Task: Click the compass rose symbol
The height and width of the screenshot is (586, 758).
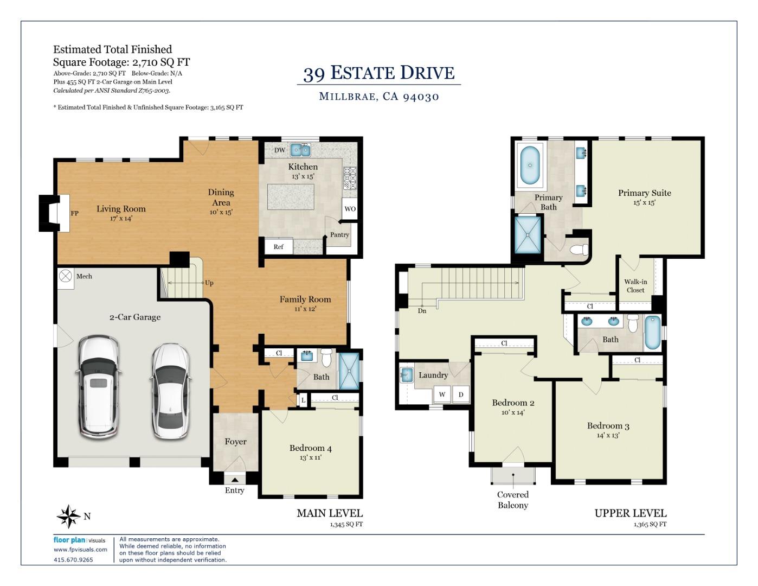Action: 69,516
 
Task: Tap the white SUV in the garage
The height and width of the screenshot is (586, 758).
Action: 98,387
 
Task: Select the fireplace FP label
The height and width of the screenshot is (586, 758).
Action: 74,213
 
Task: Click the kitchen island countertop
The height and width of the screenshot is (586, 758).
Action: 291,197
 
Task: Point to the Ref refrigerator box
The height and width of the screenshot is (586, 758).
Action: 278,247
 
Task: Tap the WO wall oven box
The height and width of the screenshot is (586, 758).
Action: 350,209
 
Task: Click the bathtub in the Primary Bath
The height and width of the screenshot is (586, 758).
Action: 530,165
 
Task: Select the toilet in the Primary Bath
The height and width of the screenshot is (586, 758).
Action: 579,250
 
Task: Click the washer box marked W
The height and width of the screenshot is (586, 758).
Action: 442,394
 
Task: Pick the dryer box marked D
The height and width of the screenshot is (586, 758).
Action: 461,394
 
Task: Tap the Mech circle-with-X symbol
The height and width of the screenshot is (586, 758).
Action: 65,276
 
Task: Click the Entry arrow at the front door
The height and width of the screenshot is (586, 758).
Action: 235,480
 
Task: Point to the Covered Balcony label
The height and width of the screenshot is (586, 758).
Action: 513,500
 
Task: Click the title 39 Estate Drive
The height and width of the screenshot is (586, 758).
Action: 379,73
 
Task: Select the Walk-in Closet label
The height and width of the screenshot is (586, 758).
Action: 635,286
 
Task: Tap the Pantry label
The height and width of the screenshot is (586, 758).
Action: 339,234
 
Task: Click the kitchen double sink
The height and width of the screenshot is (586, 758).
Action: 300,150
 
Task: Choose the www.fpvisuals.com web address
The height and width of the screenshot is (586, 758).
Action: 80,549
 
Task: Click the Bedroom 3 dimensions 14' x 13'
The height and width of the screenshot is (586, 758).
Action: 608,435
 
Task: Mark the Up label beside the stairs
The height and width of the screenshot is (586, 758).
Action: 209,283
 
